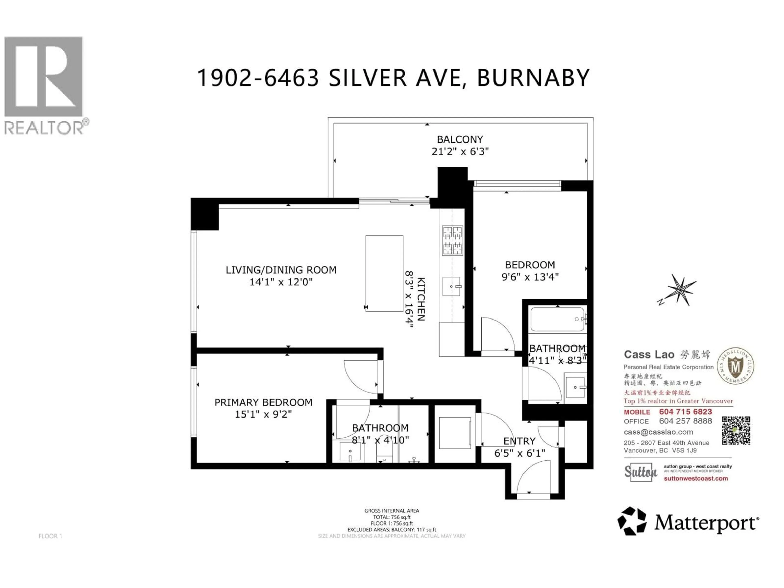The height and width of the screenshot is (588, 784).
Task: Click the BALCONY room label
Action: click(x=460, y=139)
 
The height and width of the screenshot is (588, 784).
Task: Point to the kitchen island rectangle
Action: click(x=384, y=273)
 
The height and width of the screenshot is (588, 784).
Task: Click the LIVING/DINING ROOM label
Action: click(x=281, y=270)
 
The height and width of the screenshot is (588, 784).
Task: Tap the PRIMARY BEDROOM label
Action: click(x=263, y=403)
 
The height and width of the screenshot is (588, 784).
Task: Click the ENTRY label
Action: click(x=519, y=441)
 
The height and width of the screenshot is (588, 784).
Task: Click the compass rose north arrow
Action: click(x=680, y=290)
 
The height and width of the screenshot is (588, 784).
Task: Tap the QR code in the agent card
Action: click(x=736, y=431)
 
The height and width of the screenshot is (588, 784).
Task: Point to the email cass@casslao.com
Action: click(x=658, y=432)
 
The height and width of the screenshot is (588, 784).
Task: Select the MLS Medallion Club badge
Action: click(x=735, y=366)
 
